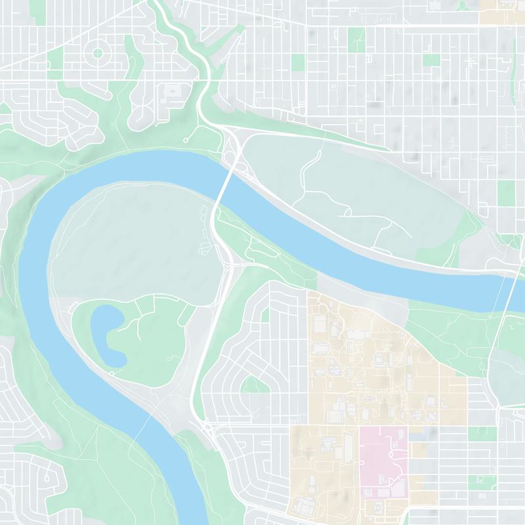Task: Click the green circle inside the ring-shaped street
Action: click(x=98, y=52)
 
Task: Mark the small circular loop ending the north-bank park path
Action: click(x=186, y=140)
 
